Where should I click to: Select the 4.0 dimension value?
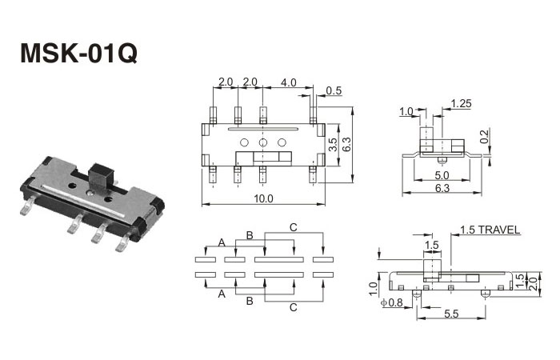click(289, 82)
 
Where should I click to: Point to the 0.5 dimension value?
click(334, 90)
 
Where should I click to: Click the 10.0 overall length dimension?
click(262, 198)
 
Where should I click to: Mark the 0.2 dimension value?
click(483, 137)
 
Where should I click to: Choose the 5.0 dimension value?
click(441, 174)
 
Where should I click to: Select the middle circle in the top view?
click(262, 143)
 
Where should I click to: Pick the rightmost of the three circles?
click(282, 143)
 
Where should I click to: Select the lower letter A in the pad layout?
click(222, 294)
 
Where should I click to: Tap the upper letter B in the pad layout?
click(250, 234)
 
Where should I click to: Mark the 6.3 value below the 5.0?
click(441, 189)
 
